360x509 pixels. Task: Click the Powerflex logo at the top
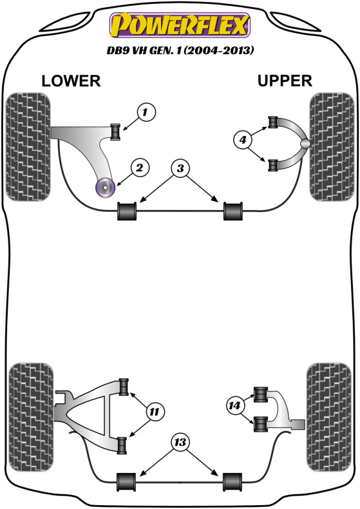pos(181,25)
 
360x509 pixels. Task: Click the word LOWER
pos(71,81)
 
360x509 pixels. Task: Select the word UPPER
pos(285,81)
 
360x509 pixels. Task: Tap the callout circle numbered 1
pos(146,114)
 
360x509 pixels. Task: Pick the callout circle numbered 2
pos(140,167)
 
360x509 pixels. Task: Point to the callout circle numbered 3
pos(179,169)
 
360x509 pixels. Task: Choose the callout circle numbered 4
pos(242,141)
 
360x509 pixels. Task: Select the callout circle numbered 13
pos(179,443)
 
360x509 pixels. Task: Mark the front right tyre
pos(332,147)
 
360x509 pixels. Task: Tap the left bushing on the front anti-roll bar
pos(128,211)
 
